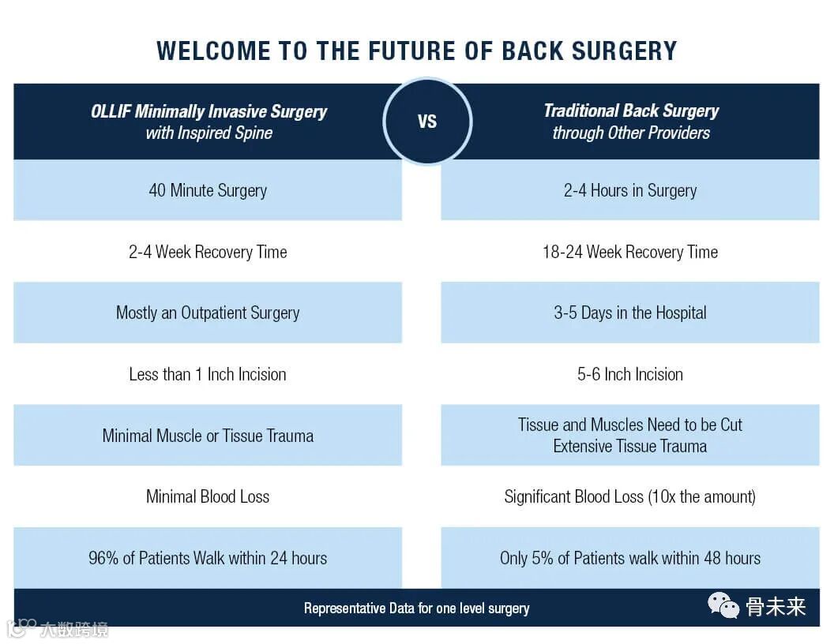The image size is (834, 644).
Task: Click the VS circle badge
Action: pyautogui.click(x=426, y=122)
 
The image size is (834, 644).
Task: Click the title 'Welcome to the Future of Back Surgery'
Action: pyautogui.click(x=417, y=51)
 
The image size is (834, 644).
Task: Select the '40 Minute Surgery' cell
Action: pyautogui.click(x=208, y=190)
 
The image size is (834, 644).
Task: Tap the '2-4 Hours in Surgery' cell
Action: pyautogui.click(x=630, y=190)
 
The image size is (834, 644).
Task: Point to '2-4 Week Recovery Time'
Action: pyautogui.click(x=208, y=252)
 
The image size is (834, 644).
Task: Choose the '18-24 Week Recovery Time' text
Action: pyautogui.click(x=630, y=252)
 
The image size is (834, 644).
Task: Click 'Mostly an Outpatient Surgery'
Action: pyautogui.click(x=208, y=313)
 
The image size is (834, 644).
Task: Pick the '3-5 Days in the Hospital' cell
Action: pyautogui.click(x=630, y=313)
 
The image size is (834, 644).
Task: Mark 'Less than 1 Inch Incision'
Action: pyautogui.click(x=208, y=374)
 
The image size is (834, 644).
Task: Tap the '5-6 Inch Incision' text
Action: pyautogui.click(x=630, y=374)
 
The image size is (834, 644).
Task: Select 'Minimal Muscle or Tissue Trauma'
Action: pyautogui.click(x=208, y=436)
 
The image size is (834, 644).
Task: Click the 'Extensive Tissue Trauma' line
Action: pyautogui.click(x=630, y=446)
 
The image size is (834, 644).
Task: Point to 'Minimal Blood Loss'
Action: pyautogui.click(x=208, y=496)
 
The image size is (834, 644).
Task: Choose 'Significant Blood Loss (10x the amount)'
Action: pyautogui.click(x=630, y=496)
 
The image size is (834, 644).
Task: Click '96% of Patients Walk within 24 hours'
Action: pyautogui.click(x=208, y=558)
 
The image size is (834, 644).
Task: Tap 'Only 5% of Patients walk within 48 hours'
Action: pyautogui.click(x=630, y=558)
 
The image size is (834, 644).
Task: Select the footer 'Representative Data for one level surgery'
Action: pyautogui.click(x=417, y=608)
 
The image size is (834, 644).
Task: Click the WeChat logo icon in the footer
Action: pyautogui.click(x=723, y=605)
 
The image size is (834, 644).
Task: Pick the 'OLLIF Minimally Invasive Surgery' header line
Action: pyautogui.click(x=208, y=111)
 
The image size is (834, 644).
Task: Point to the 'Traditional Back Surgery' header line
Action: pyautogui.click(x=631, y=110)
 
